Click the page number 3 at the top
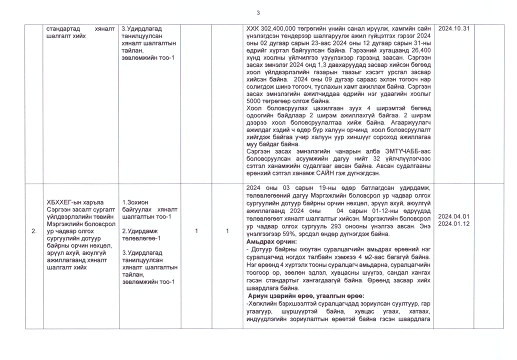[258, 13]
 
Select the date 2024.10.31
[454, 29]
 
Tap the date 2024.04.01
[454, 216]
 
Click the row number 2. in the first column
[34, 231]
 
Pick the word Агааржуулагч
[408, 122]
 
